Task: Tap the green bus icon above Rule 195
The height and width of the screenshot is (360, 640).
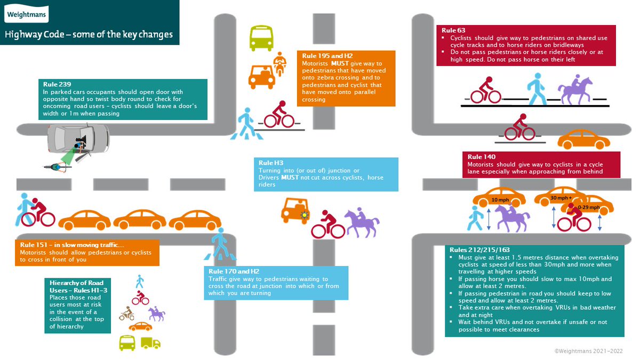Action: point(261,38)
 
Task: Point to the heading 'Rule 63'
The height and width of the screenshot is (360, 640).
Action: point(446,30)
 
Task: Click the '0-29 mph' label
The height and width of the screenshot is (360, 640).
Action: point(588,207)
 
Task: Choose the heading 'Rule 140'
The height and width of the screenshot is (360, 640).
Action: point(482,157)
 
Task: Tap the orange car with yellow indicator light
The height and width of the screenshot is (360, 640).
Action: point(294,210)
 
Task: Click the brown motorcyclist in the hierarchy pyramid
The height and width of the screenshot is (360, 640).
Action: point(127,314)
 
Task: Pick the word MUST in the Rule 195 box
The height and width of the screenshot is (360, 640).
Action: point(342,63)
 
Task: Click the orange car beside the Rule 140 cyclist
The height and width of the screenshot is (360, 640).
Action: point(583,140)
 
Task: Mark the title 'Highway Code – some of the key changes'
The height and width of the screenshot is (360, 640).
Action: point(89,35)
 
